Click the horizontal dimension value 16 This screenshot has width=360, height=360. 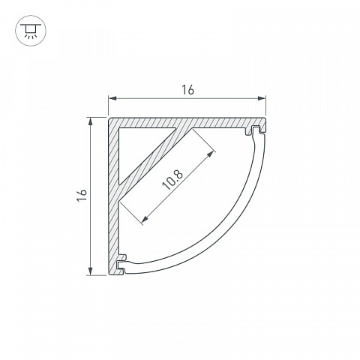pos(187,90)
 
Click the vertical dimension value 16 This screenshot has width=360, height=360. pos(82,195)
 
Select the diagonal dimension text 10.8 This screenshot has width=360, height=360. pos(172,179)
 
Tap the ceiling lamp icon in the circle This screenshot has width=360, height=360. pos(31,31)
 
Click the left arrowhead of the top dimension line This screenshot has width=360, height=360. pos(112,98)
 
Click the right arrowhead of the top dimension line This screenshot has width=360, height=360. pos(262,98)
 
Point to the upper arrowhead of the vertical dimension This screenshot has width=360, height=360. pos(91,121)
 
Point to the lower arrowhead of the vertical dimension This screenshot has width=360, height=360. pos(91,271)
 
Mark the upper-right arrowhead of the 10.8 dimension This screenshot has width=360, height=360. pos(211,154)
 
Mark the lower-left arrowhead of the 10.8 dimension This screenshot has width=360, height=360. pos(145,219)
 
